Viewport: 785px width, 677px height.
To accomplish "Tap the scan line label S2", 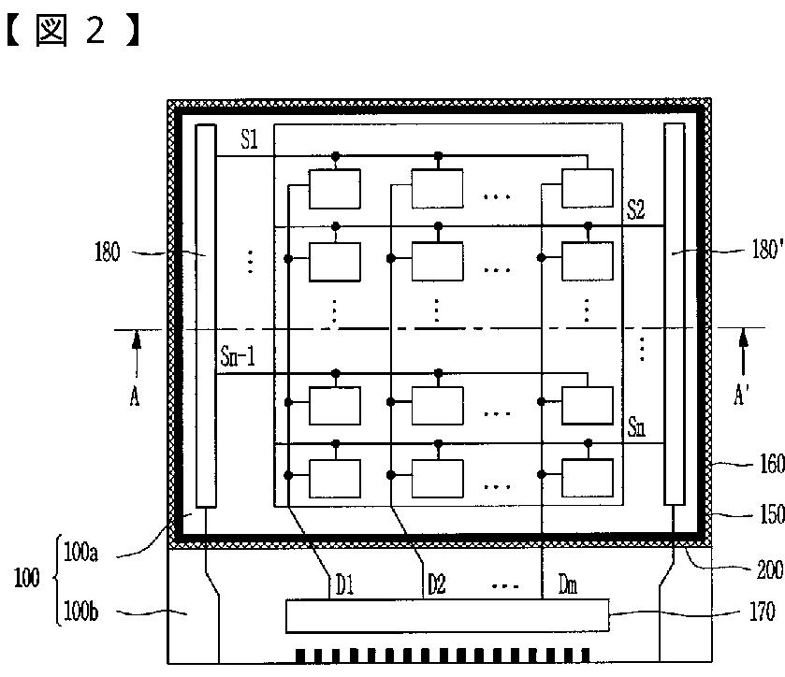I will pos(635,210).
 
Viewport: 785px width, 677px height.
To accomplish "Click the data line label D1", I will pos(343,586).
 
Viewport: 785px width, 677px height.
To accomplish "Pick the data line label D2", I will pos(437,586).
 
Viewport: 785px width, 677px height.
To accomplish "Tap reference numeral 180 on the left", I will pos(134,252).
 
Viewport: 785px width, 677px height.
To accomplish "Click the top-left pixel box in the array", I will pos(336,188).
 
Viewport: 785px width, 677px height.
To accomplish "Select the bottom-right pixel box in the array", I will pos(587,479).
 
